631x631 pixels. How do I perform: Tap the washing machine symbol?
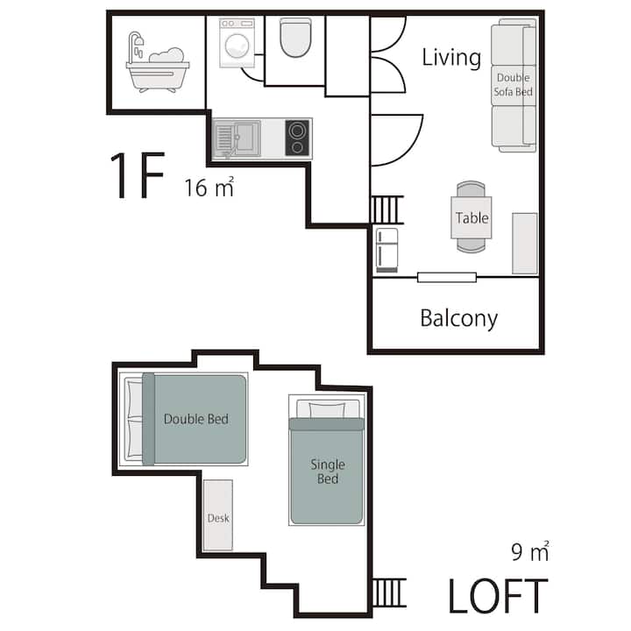237,43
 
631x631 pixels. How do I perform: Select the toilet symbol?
296,38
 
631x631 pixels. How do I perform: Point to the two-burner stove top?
297,138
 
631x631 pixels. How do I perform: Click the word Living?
451,58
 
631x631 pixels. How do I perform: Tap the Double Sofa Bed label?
513,84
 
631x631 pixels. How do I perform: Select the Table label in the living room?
472,217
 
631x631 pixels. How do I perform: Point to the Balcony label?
458,319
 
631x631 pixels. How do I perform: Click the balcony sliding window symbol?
447,277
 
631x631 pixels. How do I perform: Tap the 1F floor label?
138,175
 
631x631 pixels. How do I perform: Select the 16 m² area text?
209,188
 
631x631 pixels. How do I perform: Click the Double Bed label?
196,419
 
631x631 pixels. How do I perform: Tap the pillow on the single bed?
327,410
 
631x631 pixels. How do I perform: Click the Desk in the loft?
218,514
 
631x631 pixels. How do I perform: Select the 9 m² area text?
530,552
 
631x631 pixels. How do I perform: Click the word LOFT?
498,596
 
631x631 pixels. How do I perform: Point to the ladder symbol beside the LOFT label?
389,592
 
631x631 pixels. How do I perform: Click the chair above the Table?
471,188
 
